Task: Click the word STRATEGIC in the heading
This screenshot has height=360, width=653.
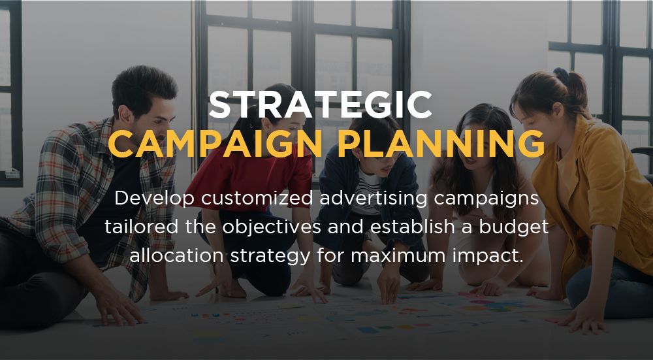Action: coord(320,105)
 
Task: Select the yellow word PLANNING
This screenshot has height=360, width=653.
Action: coord(441,144)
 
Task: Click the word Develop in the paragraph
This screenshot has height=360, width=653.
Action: coord(154,199)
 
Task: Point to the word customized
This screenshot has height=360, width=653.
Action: coord(257,198)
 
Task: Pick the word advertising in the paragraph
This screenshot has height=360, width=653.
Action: coord(374,199)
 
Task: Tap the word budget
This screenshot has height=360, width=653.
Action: coord(513,227)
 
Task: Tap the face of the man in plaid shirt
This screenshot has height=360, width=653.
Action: coord(151,122)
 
